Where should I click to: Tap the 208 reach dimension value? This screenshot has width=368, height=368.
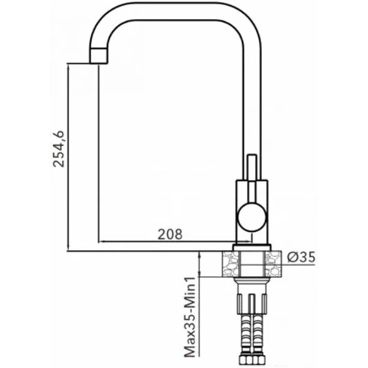tap(170, 234)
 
